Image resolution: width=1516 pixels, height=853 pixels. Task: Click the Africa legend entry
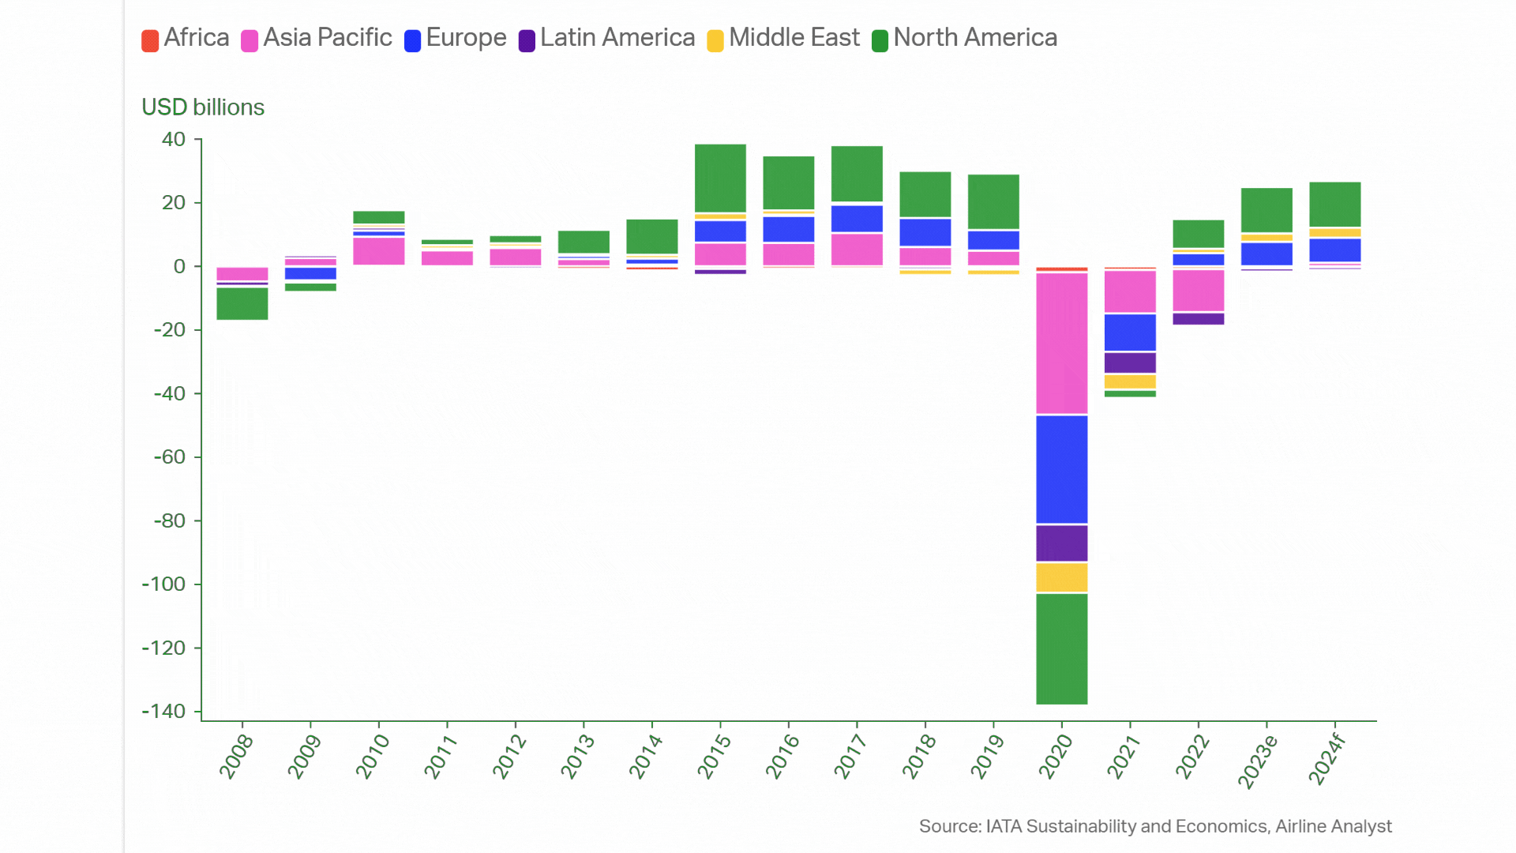click(186, 38)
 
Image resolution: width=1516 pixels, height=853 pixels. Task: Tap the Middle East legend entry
click(783, 38)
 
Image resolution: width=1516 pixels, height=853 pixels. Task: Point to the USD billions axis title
click(203, 107)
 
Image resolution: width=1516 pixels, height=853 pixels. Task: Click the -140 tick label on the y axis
click(163, 712)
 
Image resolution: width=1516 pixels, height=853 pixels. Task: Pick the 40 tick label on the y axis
click(174, 140)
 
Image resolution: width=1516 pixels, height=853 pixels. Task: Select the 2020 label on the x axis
click(1056, 756)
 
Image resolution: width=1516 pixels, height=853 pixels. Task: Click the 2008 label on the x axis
click(236, 756)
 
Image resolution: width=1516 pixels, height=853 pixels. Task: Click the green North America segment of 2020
click(1061, 648)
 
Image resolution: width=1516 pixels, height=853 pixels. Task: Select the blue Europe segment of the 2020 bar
click(1061, 469)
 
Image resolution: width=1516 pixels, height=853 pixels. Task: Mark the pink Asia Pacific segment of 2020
click(1061, 343)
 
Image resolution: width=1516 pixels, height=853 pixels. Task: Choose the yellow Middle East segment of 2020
click(1061, 577)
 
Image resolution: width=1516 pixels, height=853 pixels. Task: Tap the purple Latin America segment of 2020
click(1061, 543)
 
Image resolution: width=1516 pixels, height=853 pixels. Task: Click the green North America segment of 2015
click(720, 178)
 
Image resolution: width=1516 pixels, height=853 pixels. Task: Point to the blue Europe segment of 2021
click(1130, 333)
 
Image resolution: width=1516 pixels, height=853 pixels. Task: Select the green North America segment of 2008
click(242, 303)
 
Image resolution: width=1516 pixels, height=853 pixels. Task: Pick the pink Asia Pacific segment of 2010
click(379, 251)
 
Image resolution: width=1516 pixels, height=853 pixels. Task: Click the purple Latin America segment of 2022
click(1198, 318)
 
